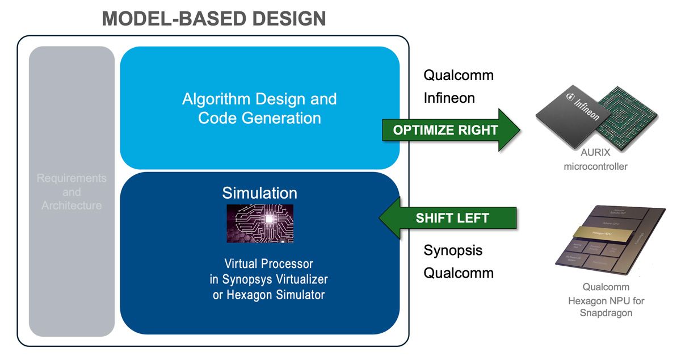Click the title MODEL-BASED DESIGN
pyautogui.click(x=214, y=18)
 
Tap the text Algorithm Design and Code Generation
pyautogui.click(x=259, y=108)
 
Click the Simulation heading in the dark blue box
pyautogui.click(x=259, y=192)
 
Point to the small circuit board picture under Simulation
pyautogui.click(x=260, y=224)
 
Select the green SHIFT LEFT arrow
pyautogui.click(x=448, y=218)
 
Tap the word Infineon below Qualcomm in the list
pyautogui.click(x=449, y=98)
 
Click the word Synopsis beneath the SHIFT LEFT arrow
pyautogui.click(x=453, y=250)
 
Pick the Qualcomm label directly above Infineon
pyautogui.click(x=459, y=76)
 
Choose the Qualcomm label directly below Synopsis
pyautogui.click(x=459, y=273)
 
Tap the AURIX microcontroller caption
pyautogui.click(x=595, y=160)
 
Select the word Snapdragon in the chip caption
pyautogui.click(x=606, y=313)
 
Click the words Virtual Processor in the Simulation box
pyautogui.click(x=268, y=264)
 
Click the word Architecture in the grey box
pyautogui.click(x=72, y=206)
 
